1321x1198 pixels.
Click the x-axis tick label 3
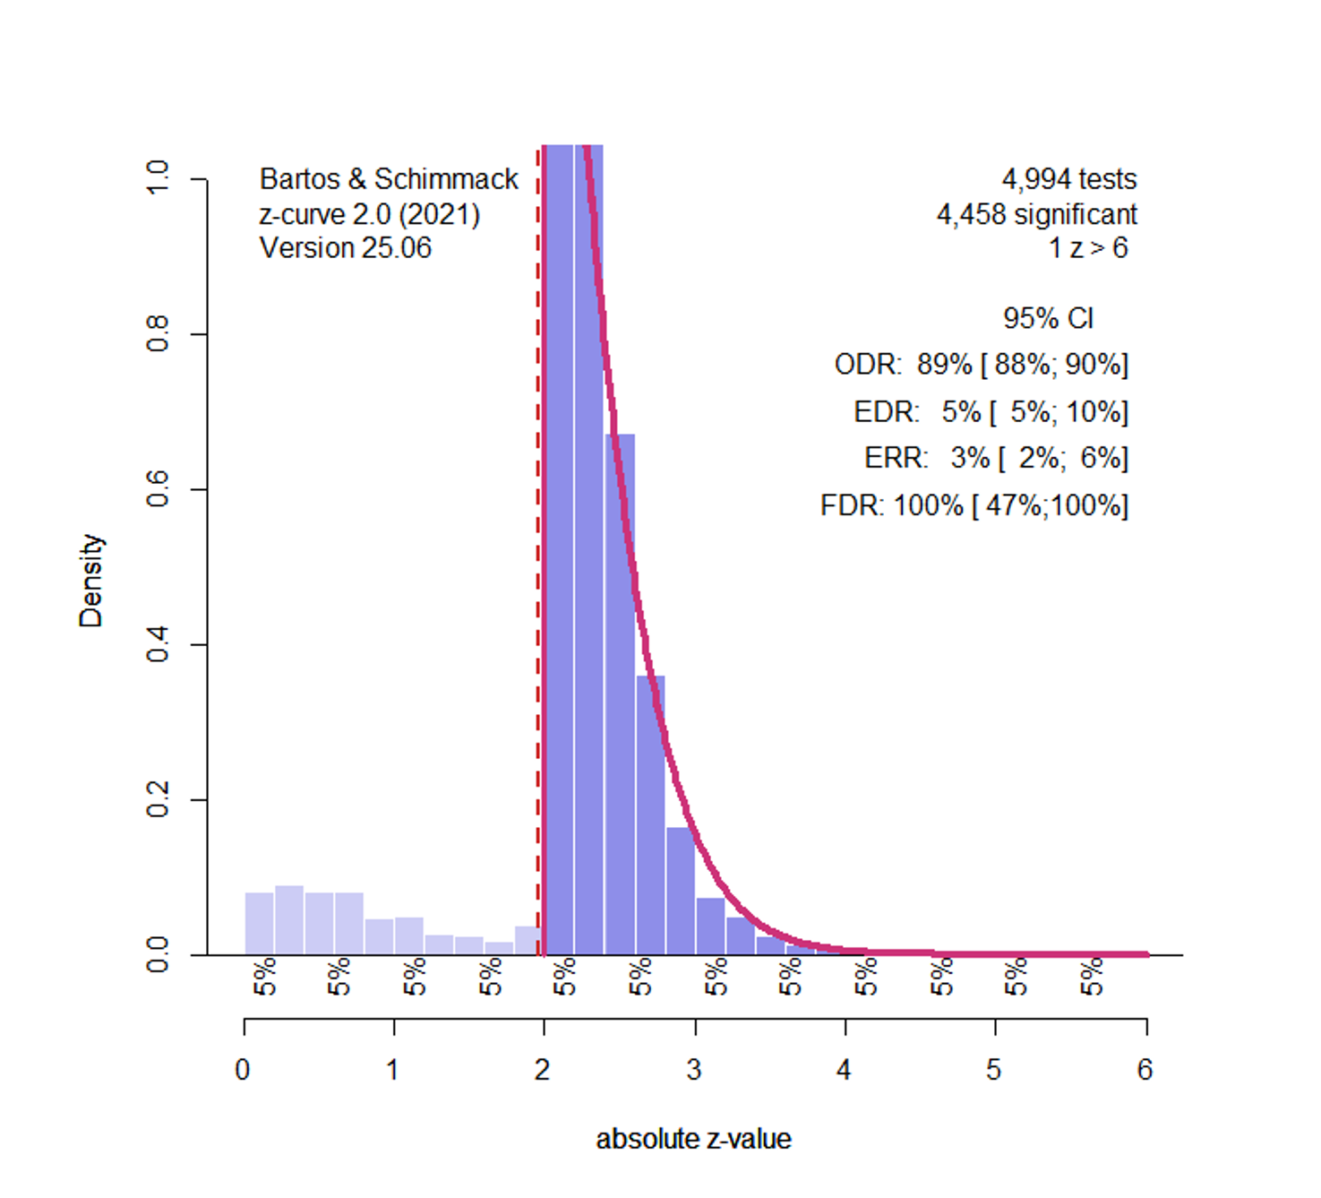694,1070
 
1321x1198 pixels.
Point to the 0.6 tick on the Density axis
158,489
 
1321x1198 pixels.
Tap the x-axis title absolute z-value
693,1139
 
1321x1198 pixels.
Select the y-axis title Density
91,581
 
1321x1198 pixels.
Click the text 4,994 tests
1068,179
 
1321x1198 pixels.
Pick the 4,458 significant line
1036,214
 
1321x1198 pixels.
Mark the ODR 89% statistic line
981,365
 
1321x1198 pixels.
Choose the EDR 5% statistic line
991,412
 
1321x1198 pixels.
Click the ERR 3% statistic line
996,458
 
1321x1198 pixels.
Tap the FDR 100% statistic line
974,505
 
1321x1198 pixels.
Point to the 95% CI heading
1048,318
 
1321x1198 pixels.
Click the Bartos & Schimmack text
389,179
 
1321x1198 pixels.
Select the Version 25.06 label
346,247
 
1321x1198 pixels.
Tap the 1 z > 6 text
1087,248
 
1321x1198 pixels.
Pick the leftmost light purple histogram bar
260,923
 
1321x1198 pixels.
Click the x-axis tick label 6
1145,1070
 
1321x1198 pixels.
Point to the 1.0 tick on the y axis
158,178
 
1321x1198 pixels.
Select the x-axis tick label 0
243,1070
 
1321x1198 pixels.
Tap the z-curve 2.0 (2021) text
369,215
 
